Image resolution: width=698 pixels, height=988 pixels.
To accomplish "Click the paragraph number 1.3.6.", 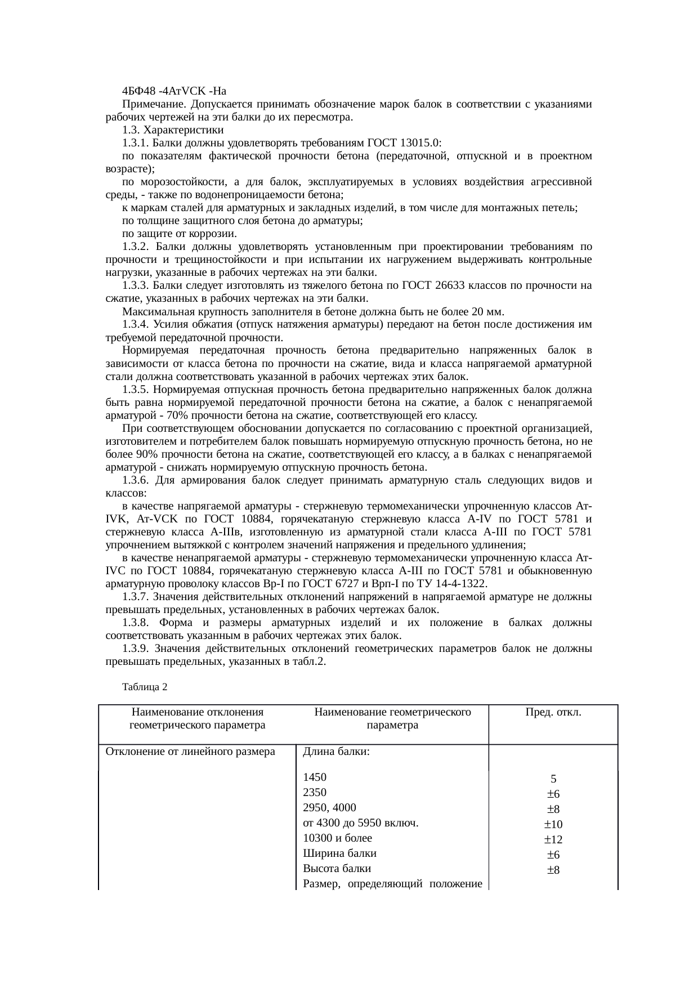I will pos(135,480).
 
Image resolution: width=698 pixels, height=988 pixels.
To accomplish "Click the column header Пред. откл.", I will pos(553,712).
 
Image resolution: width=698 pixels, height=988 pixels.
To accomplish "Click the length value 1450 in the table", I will pos(315,777).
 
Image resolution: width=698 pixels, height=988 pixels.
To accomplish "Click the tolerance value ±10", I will pos(553,825).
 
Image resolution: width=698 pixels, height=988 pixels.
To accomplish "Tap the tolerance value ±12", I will pos(553,840).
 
